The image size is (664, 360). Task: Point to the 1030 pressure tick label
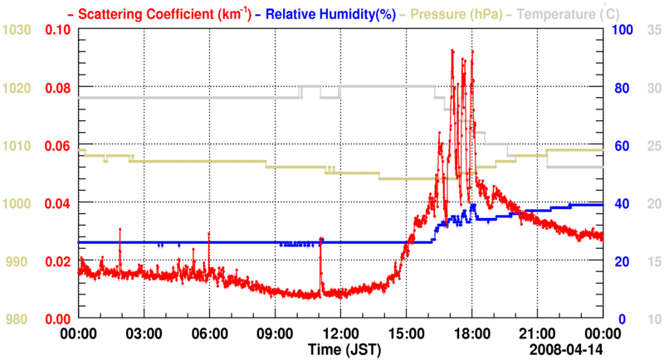pyautogui.click(x=17, y=30)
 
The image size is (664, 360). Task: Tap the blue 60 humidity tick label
pyautogui.click(x=619, y=146)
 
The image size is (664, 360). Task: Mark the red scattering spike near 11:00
pyautogui.click(x=320, y=241)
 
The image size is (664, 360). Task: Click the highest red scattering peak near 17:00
pyautogui.click(x=452, y=51)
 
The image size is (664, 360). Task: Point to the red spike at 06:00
pyautogui.click(x=208, y=234)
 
